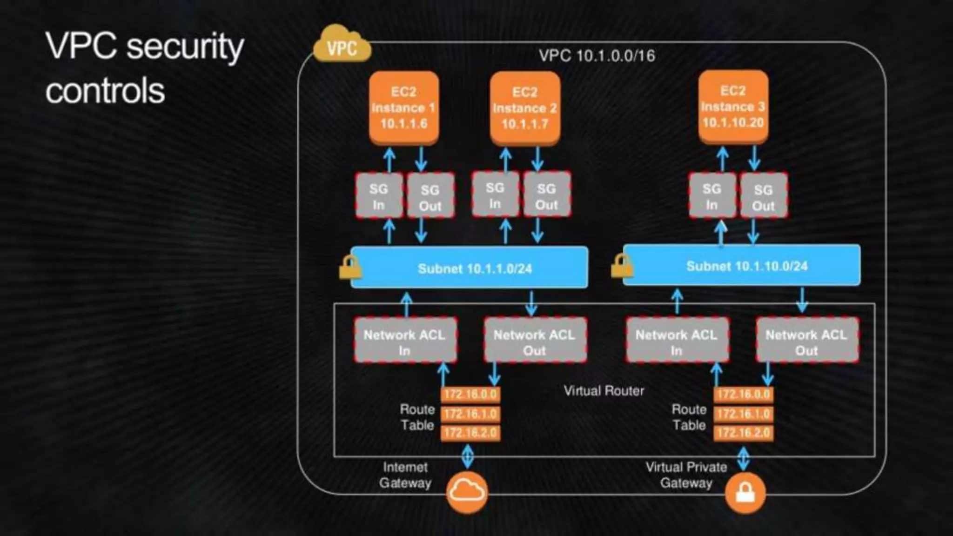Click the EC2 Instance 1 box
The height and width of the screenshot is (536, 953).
[x=404, y=107]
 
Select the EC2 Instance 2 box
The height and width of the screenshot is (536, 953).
[x=525, y=108]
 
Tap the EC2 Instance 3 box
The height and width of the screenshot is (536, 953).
[x=733, y=107]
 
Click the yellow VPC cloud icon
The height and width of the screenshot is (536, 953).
[x=342, y=46]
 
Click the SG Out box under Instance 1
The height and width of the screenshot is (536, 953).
[x=430, y=196]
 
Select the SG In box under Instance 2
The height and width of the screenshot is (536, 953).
[x=495, y=195]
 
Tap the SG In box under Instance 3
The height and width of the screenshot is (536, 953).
[x=712, y=196]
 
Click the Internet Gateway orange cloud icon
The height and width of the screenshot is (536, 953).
[x=467, y=492]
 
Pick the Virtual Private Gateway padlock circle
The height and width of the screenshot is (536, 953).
[x=745, y=493]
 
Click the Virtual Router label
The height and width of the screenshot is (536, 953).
[x=604, y=391]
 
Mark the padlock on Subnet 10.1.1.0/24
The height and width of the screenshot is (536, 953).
[x=350, y=268]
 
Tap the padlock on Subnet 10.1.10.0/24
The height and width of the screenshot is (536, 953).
[x=622, y=266]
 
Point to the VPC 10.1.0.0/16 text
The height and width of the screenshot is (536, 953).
[x=597, y=56]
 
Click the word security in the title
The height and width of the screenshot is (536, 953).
[x=185, y=47]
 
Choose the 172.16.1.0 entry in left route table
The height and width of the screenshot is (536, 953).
[x=470, y=414]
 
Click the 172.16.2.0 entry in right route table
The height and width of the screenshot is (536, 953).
[x=743, y=433]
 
